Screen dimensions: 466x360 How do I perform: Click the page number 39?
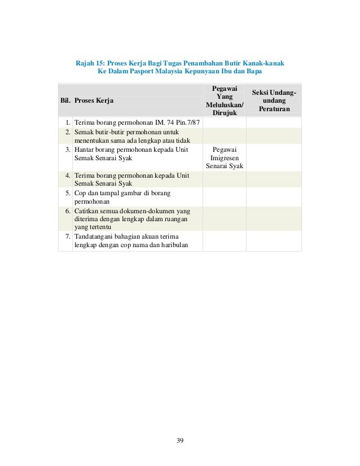point(179,441)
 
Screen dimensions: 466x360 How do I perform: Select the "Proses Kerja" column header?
point(93,100)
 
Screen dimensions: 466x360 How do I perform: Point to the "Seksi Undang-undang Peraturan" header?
point(275,100)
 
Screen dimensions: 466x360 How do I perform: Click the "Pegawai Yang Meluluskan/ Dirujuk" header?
point(224,100)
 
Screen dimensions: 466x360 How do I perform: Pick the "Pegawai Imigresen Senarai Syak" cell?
point(224,159)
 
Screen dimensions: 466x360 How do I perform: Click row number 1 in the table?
point(67,122)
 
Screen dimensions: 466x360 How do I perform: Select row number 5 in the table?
point(67,194)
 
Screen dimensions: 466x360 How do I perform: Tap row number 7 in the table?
point(67,236)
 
